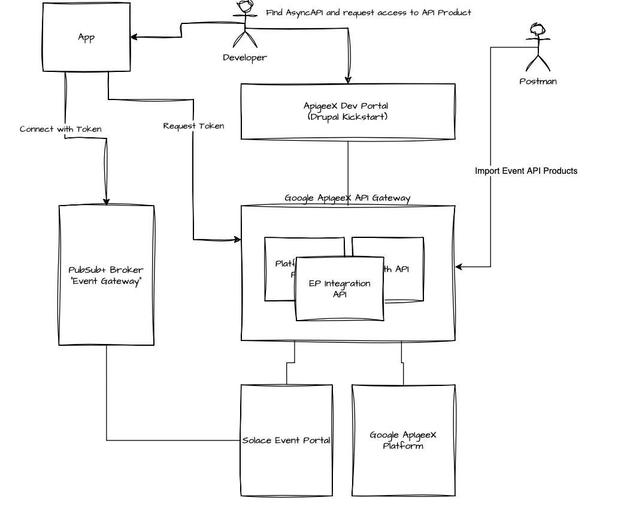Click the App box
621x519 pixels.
tap(86, 38)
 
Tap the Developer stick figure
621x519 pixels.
tap(244, 26)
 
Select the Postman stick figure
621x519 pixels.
tap(537, 47)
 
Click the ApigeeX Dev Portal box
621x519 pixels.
tap(347, 111)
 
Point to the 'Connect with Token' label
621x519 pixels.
tap(60, 129)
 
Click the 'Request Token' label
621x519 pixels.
tap(193, 126)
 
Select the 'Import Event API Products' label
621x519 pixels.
tap(526, 171)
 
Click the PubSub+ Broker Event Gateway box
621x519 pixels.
tap(106, 275)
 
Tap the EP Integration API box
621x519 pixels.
tap(340, 288)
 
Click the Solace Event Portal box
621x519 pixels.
tap(286, 440)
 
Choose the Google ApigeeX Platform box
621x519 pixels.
tap(402, 440)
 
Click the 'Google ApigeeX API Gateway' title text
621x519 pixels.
tap(347, 198)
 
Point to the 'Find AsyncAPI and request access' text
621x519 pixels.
tap(368, 12)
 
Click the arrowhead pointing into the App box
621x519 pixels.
tap(135, 37)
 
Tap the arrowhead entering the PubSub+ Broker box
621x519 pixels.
tap(107, 201)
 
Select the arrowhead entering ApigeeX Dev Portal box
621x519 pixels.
tap(348, 80)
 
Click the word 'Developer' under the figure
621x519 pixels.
tap(244, 58)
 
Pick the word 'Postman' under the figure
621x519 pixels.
tap(537, 82)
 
